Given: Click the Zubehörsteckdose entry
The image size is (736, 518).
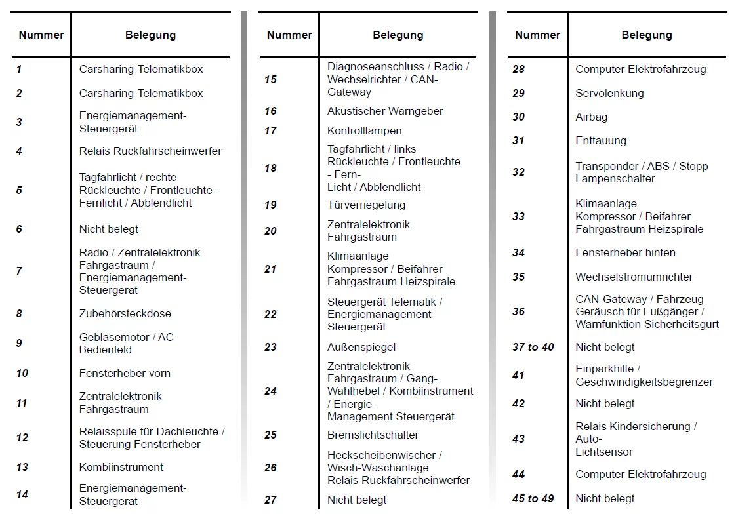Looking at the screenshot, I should click(x=125, y=313).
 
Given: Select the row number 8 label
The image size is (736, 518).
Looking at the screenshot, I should click(x=20, y=313).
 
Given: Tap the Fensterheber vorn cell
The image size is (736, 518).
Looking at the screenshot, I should click(x=125, y=373).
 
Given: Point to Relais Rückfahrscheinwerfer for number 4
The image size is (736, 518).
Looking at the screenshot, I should click(x=150, y=151).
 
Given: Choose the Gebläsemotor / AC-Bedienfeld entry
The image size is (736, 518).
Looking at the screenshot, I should click(x=128, y=343).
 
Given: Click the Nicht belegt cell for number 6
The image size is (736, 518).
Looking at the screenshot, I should click(x=109, y=229).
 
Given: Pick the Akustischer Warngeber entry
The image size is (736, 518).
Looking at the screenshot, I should click(x=385, y=111).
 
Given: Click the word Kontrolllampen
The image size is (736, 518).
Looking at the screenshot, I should click(x=365, y=130).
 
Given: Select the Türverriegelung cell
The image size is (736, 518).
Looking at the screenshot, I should click(x=366, y=205).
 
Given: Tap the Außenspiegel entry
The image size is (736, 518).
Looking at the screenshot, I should click(x=361, y=347).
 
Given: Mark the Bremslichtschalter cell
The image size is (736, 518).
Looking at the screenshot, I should click(x=373, y=435).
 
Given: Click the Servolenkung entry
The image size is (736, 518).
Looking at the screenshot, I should click(x=609, y=93).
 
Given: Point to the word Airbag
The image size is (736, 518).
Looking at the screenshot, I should click(x=592, y=117).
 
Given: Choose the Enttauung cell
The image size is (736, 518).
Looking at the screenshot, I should click(x=601, y=140).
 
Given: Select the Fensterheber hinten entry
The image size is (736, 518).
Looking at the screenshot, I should click(x=625, y=252).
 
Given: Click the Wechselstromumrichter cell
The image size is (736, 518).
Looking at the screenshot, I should click(x=634, y=277).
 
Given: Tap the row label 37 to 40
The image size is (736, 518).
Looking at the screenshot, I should click(x=533, y=347).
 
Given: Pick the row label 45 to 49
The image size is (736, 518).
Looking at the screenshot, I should click(x=533, y=498).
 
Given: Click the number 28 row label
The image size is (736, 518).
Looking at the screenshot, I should click(x=518, y=69).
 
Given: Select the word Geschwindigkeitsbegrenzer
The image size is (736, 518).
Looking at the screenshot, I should click(x=644, y=382).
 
